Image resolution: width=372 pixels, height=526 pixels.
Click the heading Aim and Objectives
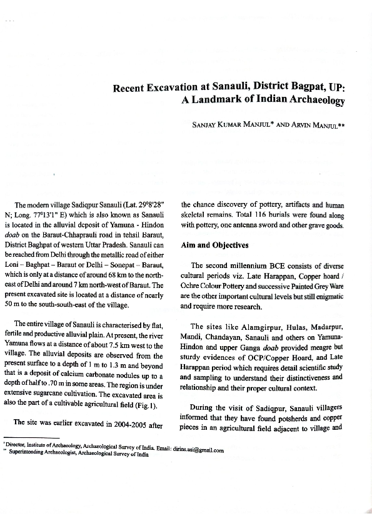click(x=214, y=246)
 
